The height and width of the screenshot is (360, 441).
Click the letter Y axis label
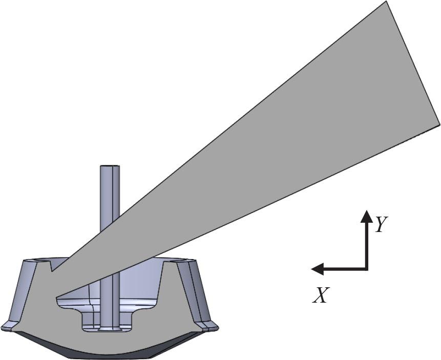tap(380, 224)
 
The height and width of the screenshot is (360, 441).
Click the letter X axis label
tap(321, 295)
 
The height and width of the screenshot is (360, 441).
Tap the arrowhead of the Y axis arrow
tap(366, 216)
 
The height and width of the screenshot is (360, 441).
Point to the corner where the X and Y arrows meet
tap(366, 268)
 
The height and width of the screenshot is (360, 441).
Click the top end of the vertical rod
tap(110, 167)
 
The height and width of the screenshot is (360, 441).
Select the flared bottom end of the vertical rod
tap(109, 328)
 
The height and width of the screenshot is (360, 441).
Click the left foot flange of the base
tap(9, 326)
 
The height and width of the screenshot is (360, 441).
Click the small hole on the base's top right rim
tap(177, 261)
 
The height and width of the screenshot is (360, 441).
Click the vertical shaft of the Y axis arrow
tap(366, 243)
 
